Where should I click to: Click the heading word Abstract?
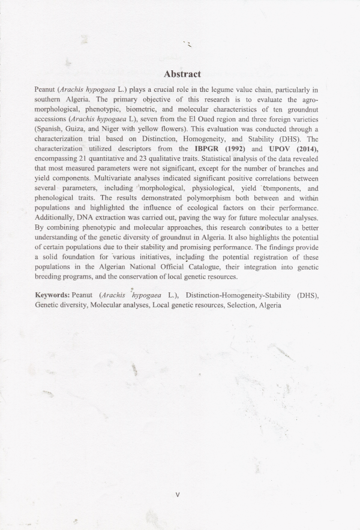(x=182, y=74)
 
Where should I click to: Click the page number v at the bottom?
(x=178, y=495)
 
